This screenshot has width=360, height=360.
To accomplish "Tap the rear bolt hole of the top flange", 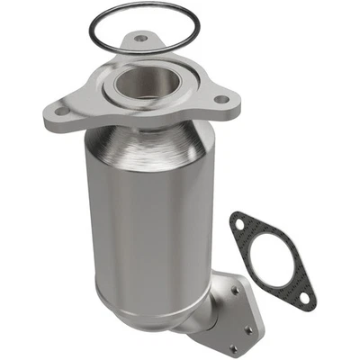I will point(141,40).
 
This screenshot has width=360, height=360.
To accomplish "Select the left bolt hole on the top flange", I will point(59,112).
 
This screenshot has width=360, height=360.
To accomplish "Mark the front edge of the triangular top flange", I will point(135,126).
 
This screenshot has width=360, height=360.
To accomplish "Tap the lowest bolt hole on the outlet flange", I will point(231,346).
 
